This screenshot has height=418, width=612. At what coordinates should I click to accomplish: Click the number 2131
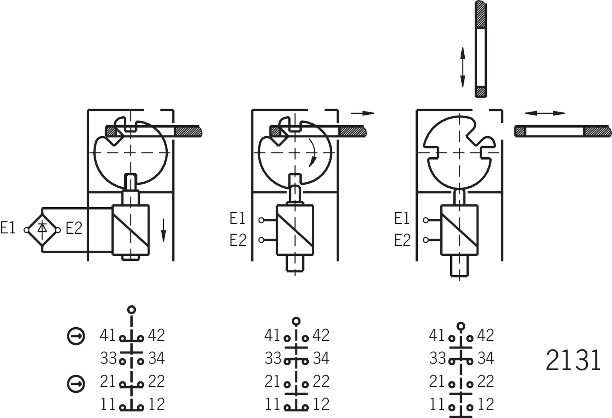pos(573,361)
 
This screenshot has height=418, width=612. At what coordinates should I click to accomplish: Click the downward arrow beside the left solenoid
pos(163,230)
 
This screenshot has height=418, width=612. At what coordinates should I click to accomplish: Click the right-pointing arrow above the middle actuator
pos(362,113)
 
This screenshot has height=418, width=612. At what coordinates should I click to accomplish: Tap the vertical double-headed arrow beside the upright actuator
pos(463,67)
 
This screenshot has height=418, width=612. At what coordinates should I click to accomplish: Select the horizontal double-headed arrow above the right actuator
pos(545,113)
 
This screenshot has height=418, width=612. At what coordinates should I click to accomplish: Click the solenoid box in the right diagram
pos(459,230)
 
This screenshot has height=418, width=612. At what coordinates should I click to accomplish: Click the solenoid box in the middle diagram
pos(295,230)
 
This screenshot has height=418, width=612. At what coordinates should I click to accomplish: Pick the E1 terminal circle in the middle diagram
pos(261,220)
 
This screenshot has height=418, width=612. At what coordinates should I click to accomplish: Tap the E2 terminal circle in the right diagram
pos(426,240)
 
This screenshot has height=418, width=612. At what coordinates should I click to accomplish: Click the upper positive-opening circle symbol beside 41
pos(76,336)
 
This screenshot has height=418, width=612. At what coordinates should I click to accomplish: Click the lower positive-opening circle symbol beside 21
pos(76,383)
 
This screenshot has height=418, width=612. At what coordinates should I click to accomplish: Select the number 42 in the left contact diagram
pos(156,335)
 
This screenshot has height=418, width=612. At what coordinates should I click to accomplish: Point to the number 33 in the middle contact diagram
pos(273,358)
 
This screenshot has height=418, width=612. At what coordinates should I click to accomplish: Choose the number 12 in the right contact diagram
pos(486,404)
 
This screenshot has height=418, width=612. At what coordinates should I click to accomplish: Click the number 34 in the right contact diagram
pos(486,358)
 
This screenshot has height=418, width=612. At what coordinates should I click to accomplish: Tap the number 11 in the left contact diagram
pos(108,404)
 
